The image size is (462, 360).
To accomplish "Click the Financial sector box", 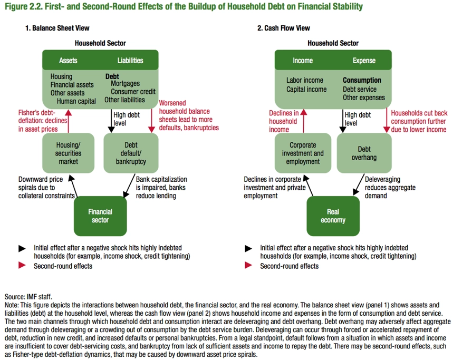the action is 100,216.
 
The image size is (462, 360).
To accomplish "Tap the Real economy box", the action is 333,216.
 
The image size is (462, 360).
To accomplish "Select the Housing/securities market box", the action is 69,153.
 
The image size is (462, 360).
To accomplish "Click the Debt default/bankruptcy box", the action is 131,153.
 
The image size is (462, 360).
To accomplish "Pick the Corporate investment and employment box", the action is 303,153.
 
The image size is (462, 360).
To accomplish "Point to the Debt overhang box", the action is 364,153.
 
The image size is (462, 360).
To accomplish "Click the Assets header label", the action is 68,61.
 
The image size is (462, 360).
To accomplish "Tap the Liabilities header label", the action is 130,61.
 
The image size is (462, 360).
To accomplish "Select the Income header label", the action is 303,61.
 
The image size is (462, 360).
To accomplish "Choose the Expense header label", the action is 364,61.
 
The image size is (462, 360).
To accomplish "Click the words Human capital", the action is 76,101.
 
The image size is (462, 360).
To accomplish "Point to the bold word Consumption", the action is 362,80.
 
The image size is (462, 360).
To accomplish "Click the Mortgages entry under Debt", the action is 125,84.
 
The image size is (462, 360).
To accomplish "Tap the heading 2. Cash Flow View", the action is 283,28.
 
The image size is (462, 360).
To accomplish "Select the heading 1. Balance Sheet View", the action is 57,28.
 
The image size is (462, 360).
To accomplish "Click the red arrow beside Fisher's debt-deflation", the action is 69,121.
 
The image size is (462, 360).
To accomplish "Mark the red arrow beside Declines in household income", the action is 304,121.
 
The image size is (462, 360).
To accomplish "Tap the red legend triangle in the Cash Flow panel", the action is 248,265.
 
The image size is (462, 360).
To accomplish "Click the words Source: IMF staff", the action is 28,297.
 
